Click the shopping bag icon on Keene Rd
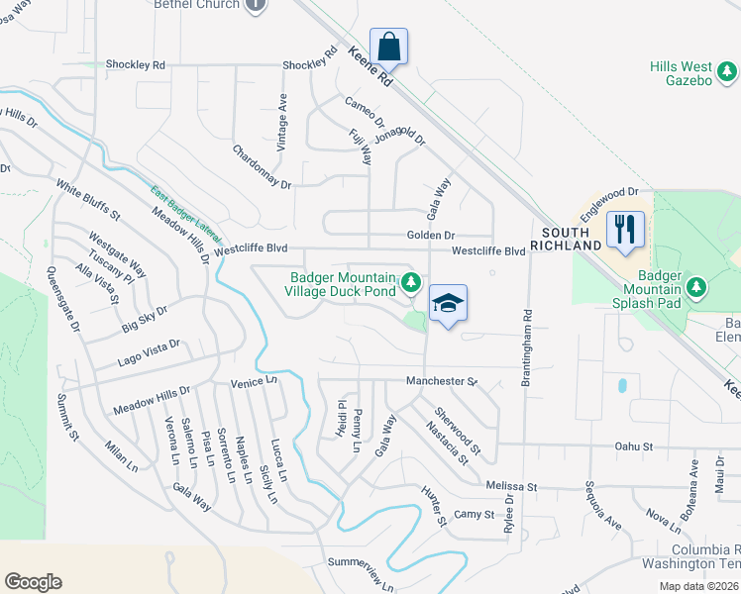[x=389, y=47]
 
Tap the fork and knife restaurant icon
[x=625, y=230]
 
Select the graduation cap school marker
[x=448, y=304]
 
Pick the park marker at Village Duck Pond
[x=409, y=285]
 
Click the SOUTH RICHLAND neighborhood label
[x=567, y=238]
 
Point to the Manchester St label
[x=442, y=380]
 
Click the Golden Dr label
[x=430, y=236]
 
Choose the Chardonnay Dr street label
[x=262, y=167]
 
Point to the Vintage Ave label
[x=282, y=122]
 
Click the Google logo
[x=33, y=581]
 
